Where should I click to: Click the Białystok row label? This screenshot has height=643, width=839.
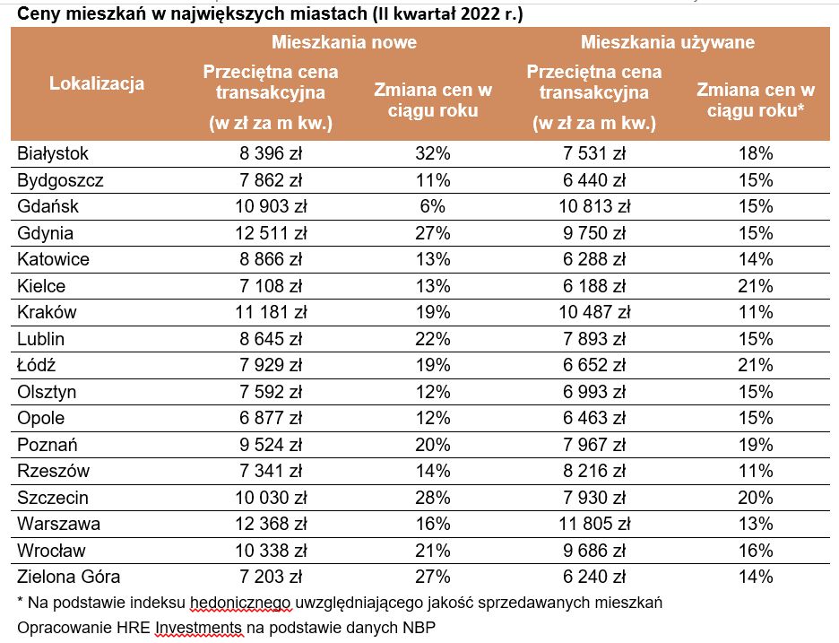coord(53,154)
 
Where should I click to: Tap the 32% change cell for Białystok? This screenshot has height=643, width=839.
coord(433,154)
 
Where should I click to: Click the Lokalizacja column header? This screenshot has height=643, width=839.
coord(97,84)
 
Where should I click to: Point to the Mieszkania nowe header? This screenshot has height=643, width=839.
coord(344,42)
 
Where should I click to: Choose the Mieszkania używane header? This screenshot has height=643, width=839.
coord(667,42)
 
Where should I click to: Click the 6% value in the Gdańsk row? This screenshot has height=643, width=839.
coord(433,207)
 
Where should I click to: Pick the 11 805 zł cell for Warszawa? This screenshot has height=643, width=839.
coord(591,524)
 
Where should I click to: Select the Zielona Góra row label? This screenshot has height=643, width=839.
coord(68,577)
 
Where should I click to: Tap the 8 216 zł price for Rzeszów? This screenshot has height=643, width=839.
coord(591,471)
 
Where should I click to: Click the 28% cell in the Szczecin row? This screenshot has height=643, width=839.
coord(433,498)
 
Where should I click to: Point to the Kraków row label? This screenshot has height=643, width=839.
coord(47,313)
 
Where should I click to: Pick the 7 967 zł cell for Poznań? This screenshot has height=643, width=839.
coord(591,445)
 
